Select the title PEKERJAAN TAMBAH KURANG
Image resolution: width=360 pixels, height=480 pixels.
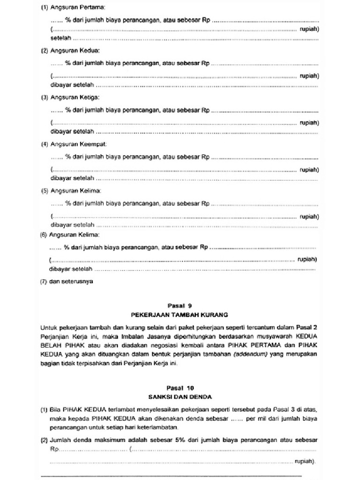point(180,315)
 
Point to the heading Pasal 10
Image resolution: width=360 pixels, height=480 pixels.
point(180,388)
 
